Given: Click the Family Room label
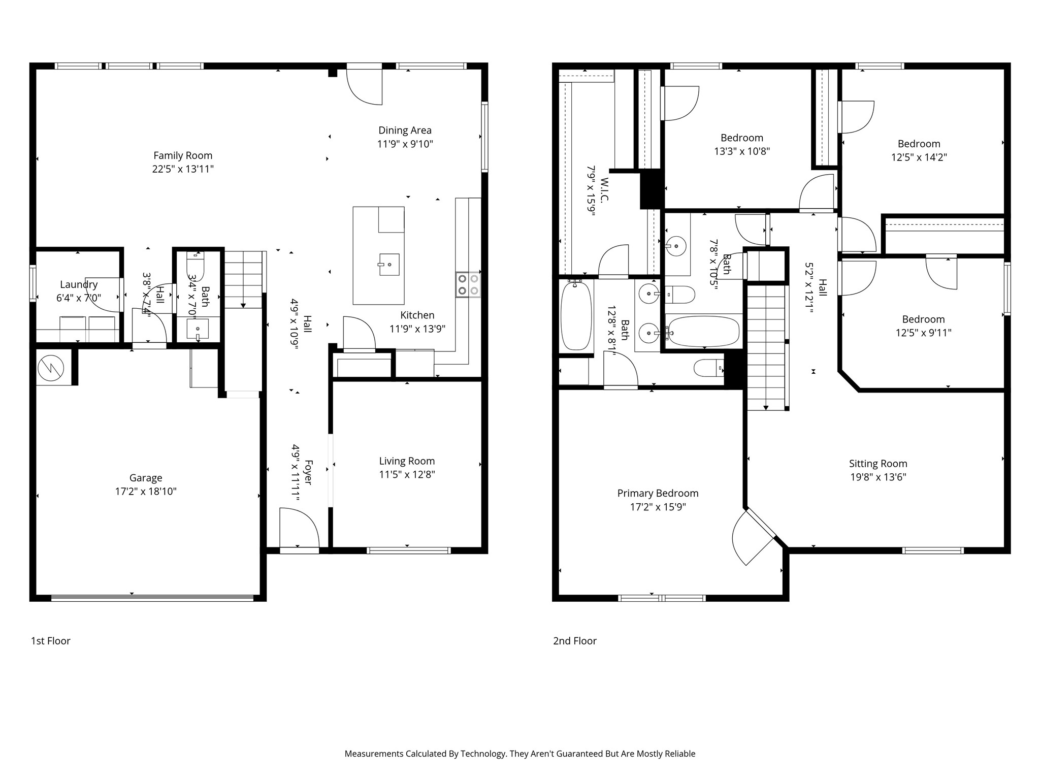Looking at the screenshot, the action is (x=183, y=155).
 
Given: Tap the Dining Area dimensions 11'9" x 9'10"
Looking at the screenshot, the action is (x=405, y=144).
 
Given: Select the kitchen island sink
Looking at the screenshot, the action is (x=389, y=265).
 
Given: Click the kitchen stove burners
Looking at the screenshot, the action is (x=468, y=284).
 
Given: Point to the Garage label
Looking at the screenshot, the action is (x=146, y=478).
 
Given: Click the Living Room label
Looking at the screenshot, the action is (x=407, y=461).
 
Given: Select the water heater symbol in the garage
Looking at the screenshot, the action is (x=51, y=367).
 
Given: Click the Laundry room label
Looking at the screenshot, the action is (x=79, y=284).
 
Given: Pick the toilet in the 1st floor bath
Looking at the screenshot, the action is (x=194, y=266).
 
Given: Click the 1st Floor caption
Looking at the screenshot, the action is (x=51, y=641).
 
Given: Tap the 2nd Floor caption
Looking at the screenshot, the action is (x=575, y=641).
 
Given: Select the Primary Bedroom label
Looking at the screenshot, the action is (x=658, y=493).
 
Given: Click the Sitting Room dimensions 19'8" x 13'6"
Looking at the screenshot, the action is (x=878, y=477).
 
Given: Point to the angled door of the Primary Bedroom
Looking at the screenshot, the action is (x=754, y=536).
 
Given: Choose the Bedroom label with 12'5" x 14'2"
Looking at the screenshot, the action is (x=919, y=144).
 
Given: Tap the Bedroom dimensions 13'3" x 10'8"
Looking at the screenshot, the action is (x=742, y=151).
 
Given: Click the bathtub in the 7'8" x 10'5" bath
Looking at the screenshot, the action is (x=703, y=332).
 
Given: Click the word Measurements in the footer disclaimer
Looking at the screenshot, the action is (x=374, y=754).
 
